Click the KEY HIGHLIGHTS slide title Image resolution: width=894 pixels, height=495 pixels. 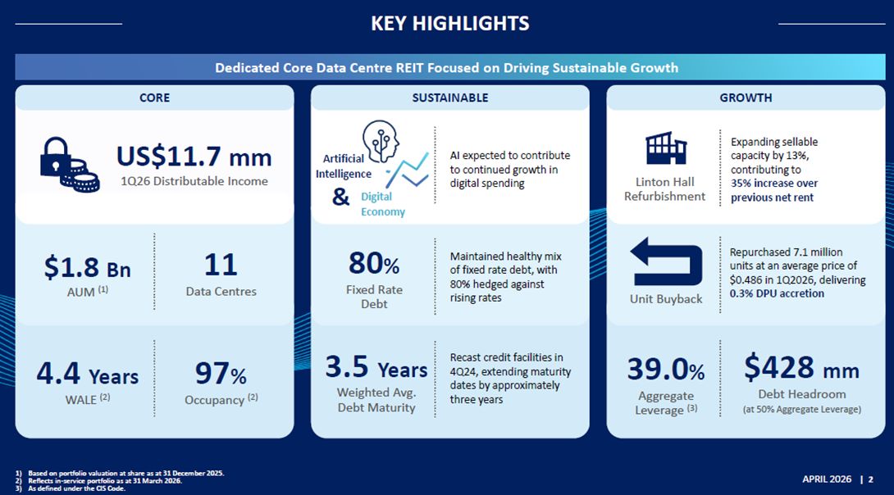coord(450,23)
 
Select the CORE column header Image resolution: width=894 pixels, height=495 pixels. coord(154,98)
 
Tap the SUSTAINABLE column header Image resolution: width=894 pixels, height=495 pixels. coord(449,98)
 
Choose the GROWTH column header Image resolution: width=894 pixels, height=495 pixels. coord(746,98)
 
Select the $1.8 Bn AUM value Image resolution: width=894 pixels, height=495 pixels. coord(87,267)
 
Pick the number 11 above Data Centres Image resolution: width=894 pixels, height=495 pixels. coord(221,265)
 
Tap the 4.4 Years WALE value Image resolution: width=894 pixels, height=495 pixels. coord(87,375)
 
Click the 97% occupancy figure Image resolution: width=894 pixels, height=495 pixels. coord(221,374)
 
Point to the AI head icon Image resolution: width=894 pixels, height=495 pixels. coord(381,141)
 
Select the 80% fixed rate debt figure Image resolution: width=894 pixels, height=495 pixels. coord(374,264)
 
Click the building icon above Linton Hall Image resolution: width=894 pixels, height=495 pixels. coord(665,148)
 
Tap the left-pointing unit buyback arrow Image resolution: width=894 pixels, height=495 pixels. coord(666,261)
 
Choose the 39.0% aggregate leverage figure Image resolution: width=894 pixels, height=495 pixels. coord(666,370)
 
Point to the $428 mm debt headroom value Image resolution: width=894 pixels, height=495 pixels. coord(801,368)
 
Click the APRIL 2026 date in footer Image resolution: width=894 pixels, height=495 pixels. coord(827,479)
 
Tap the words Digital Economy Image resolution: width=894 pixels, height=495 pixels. coord(382,204)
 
